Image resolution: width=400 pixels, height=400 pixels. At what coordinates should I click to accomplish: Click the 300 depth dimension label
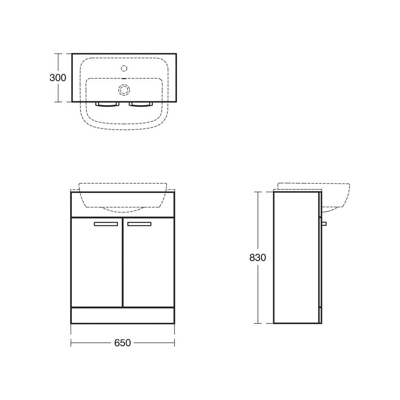(58, 78)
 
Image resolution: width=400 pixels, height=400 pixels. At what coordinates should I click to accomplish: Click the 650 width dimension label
(123, 343)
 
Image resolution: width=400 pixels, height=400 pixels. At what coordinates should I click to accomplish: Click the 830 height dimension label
(258, 257)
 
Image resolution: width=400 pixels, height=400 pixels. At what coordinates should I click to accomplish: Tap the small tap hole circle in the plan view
(124, 68)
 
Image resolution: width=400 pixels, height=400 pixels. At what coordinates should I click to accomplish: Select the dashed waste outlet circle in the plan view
(124, 89)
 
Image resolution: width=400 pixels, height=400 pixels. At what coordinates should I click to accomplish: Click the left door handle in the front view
(106, 224)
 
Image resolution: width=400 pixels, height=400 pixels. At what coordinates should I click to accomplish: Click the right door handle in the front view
(139, 224)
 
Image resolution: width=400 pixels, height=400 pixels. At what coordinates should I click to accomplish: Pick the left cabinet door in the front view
(97, 264)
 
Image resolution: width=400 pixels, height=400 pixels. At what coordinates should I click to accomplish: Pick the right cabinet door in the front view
(149, 264)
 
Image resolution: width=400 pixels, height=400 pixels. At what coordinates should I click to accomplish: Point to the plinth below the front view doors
(123, 315)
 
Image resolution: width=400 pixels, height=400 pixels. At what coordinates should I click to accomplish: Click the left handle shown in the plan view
(107, 104)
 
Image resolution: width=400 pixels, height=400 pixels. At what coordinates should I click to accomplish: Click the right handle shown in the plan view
(140, 104)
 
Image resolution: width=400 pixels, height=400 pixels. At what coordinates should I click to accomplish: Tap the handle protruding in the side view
(324, 223)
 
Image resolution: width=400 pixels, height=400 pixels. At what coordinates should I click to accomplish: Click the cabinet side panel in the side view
(296, 257)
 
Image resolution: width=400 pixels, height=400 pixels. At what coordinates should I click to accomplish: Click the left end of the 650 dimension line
(71, 343)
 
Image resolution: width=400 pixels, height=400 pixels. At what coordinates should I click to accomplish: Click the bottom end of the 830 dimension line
(258, 323)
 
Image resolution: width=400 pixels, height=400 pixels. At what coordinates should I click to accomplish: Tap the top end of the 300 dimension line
(58, 54)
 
